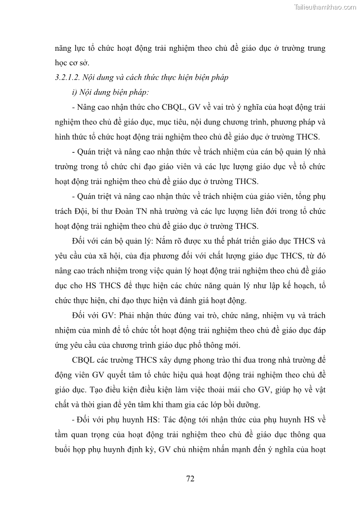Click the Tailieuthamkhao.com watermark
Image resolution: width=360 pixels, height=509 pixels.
[x=325, y=7]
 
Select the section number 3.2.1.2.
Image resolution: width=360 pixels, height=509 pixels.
[x=68, y=77]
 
